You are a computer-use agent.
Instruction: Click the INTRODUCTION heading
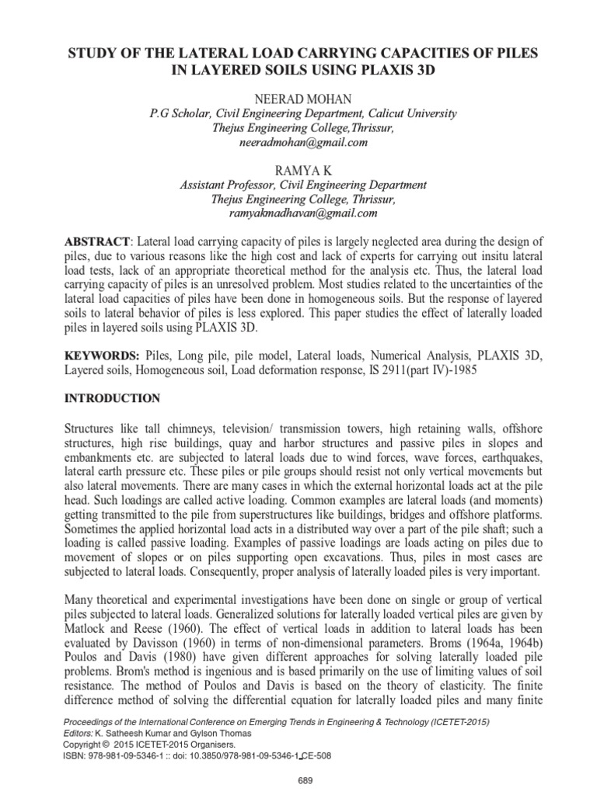tap(113, 399)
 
